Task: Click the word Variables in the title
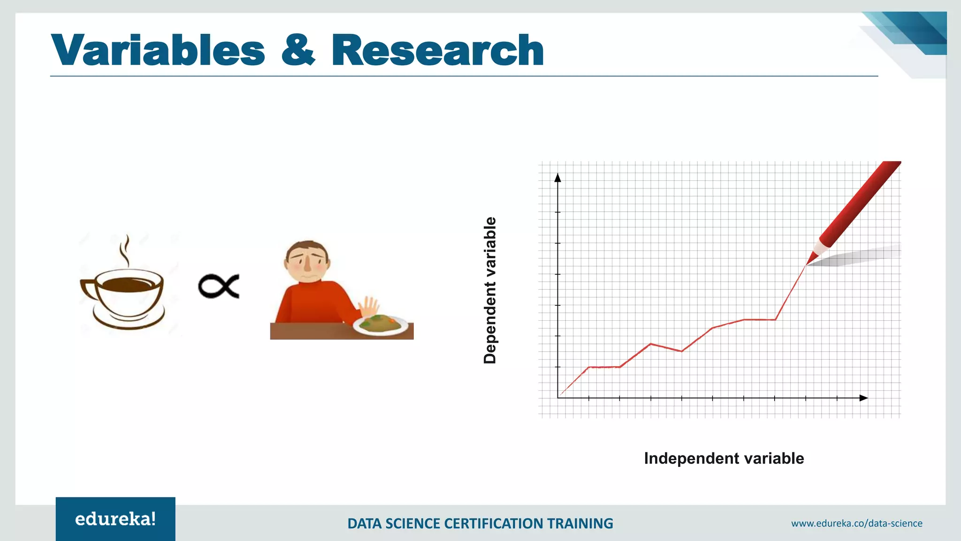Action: pyautogui.click(x=158, y=50)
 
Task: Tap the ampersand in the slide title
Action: pyautogui.click(x=298, y=50)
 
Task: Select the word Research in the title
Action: pyautogui.click(x=437, y=50)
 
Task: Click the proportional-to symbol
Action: pyautogui.click(x=219, y=286)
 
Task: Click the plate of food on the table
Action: pyautogui.click(x=380, y=325)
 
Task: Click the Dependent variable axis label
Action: pyautogui.click(x=490, y=290)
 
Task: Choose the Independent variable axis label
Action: pyautogui.click(x=724, y=458)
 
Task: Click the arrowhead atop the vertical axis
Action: pyautogui.click(x=558, y=178)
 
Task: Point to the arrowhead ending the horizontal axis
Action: pyautogui.click(x=863, y=398)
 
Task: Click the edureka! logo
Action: pyautogui.click(x=115, y=519)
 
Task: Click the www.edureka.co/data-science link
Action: pyautogui.click(x=856, y=523)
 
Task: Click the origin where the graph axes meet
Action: pyautogui.click(x=558, y=398)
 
